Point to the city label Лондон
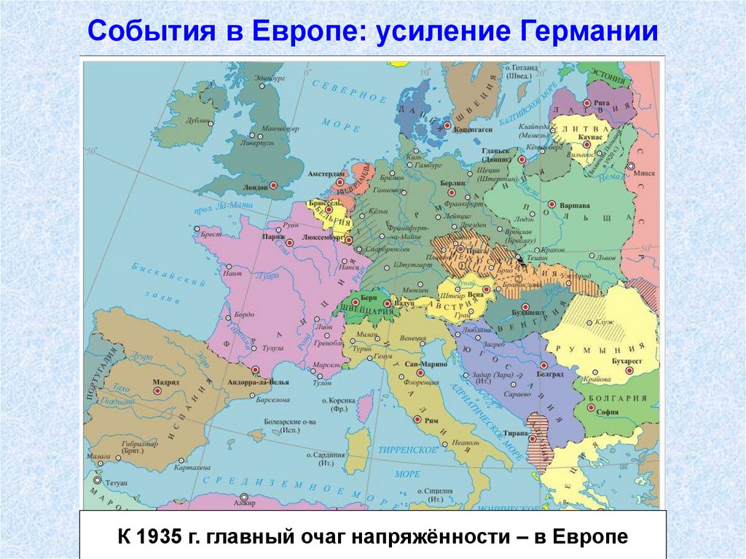[x=255, y=187]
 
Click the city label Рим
[x=432, y=420]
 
